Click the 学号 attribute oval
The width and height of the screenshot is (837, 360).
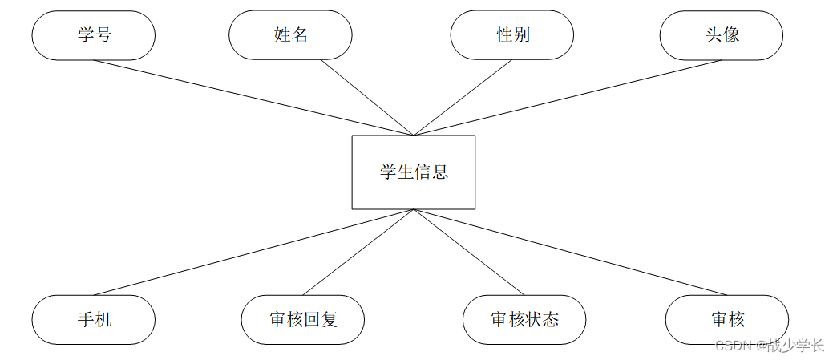click(93, 35)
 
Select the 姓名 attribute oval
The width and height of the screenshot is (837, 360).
click(290, 35)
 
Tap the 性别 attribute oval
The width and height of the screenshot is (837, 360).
click(511, 35)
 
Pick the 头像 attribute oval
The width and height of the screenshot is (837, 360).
click(721, 35)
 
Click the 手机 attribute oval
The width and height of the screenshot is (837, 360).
click(93, 320)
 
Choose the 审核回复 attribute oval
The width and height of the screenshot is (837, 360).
click(303, 320)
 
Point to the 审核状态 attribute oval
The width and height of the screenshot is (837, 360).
click(524, 320)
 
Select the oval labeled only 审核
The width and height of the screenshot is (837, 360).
click(726, 320)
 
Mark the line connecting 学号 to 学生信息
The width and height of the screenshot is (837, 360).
click(253, 98)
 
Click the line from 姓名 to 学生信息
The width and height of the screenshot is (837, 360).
click(367, 98)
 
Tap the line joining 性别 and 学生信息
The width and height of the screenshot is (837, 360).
click(463, 98)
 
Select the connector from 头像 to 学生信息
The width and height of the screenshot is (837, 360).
click(567, 98)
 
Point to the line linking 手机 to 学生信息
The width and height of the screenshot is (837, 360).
click(253, 252)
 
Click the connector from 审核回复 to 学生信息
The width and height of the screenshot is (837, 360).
click(358, 252)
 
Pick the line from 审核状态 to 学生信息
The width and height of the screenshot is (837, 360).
click(468, 252)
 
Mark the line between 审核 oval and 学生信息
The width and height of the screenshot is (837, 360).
click(569, 252)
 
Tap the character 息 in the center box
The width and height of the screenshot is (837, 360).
click(440, 172)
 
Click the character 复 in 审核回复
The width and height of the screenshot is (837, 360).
click(330, 320)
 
